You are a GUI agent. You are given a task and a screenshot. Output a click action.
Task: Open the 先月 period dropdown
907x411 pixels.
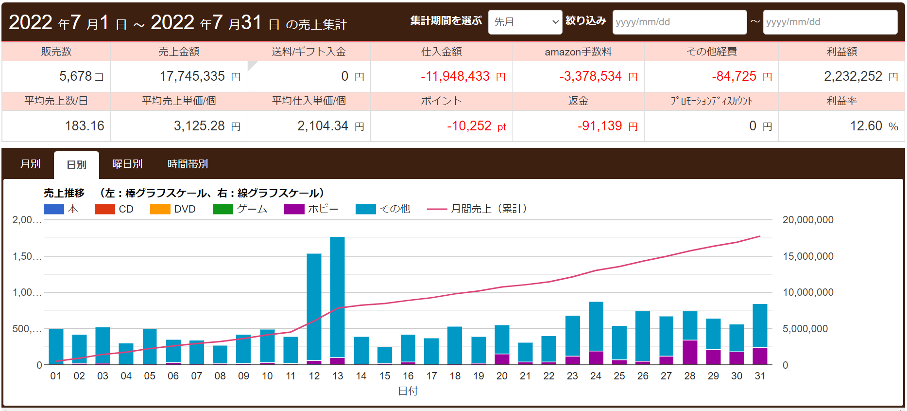(525, 22)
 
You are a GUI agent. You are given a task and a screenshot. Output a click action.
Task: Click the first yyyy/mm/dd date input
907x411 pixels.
(679, 22)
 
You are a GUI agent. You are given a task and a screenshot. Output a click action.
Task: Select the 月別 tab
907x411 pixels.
(30, 164)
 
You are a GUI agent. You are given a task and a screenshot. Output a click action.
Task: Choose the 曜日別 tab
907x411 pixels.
(127, 164)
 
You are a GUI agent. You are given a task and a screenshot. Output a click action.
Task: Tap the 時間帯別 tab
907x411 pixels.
(188, 164)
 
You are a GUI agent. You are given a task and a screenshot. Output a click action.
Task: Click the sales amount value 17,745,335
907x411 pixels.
(192, 76)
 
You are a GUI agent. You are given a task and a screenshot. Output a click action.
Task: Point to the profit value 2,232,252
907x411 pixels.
(853, 76)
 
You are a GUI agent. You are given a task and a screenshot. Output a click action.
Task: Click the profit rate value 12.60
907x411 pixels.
(866, 126)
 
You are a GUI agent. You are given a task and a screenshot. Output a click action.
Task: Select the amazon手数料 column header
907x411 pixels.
(578, 52)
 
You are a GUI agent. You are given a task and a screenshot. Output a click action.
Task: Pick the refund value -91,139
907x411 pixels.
(599, 126)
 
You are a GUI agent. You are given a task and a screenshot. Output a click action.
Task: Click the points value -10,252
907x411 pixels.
(469, 126)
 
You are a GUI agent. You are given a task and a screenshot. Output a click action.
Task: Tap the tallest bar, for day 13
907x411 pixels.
(337, 297)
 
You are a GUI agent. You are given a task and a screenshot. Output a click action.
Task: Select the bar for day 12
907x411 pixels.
(314, 306)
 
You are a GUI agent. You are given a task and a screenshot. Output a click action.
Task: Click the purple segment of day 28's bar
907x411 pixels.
(690, 352)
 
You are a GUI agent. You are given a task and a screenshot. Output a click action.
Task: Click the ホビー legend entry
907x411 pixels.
(311, 209)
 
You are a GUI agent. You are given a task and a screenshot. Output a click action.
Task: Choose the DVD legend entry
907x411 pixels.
(173, 209)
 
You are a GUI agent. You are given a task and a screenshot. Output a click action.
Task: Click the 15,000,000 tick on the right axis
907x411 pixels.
(808, 256)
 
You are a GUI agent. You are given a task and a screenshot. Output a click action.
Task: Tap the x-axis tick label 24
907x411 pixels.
(596, 376)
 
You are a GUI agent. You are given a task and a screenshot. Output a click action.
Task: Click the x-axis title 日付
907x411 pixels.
(408, 391)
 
